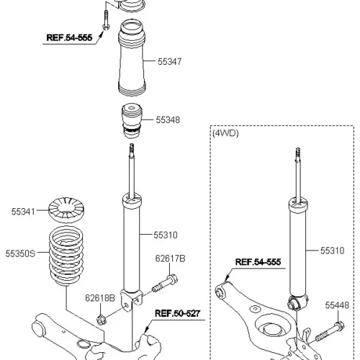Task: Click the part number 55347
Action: (x=170, y=62)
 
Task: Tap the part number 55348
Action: (x=168, y=120)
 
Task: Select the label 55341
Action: (x=23, y=212)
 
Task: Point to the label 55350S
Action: (x=20, y=253)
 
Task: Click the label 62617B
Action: (x=170, y=258)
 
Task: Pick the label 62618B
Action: (x=100, y=298)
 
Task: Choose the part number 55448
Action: (x=337, y=305)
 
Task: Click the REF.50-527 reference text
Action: (x=177, y=313)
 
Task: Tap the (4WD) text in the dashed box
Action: (x=225, y=133)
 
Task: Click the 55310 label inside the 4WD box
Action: (x=333, y=251)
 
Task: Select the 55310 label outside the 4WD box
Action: (x=166, y=235)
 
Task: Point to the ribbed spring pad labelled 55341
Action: (x=66, y=210)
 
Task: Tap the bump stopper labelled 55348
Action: (x=132, y=121)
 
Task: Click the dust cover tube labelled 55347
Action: (x=132, y=58)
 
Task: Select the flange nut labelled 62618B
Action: (x=102, y=320)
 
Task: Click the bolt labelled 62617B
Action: (x=165, y=283)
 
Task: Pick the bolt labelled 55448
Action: (x=330, y=332)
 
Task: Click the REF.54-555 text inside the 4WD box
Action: (x=258, y=262)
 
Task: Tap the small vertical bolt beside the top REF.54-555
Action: (x=106, y=20)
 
